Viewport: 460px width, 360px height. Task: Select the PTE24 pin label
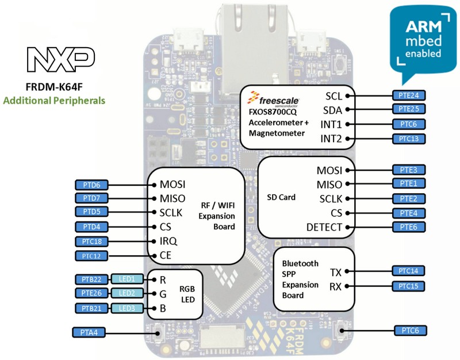408,94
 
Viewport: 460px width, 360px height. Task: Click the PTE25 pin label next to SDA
408,109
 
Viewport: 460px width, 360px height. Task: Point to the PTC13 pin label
408,139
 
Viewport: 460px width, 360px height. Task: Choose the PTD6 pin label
92,185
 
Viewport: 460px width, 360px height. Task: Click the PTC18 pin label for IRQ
92,241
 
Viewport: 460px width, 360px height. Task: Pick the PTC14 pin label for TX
408,271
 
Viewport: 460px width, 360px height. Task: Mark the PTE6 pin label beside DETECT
408,228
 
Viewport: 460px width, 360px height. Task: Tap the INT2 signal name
331,139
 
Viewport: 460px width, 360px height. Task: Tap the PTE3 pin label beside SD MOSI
408,170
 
